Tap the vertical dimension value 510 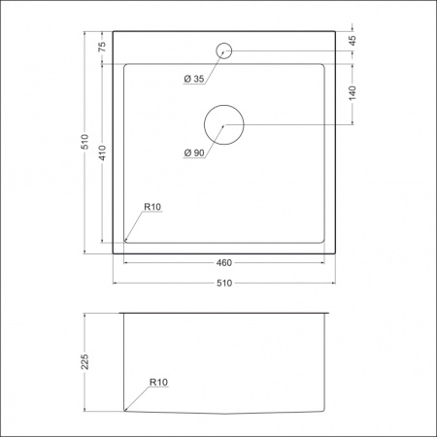coord(84,142)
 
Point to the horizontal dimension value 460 coord(223,262)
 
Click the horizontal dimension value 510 coord(223,284)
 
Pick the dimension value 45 coord(353,40)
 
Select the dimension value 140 coord(353,93)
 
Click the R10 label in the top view coord(152,207)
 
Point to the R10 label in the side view coord(159,383)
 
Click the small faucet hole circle coord(224,50)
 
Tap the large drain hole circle coord(223,125)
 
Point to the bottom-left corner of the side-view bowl coord(125,411)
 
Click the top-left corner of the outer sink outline coord(114,32)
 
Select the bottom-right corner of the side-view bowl coord(323,411)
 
